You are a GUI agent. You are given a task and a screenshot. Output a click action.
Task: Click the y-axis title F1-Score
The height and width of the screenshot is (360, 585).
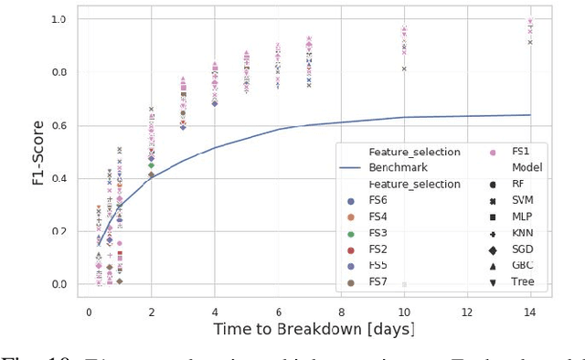click(x=38, y=151)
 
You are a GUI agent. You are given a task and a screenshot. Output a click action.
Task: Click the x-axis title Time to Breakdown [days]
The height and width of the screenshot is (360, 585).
click(x=314, y=328)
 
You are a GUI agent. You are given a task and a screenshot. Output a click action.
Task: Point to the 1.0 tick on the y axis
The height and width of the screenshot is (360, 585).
click(x=58, y=19)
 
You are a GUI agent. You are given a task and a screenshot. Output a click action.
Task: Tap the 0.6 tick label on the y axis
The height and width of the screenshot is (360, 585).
click(x=58, y=125)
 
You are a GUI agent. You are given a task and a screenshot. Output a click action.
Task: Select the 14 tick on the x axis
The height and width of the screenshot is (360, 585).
click(x=529, y=312)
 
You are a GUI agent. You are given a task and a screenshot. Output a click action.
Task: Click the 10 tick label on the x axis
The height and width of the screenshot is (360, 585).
click(x=404, y=312)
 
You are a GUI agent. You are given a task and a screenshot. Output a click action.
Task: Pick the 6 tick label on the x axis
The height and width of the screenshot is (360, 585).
click(x=278, y=312)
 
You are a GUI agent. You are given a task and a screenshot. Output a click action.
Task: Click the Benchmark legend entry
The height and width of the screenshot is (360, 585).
click(x=396, y=167)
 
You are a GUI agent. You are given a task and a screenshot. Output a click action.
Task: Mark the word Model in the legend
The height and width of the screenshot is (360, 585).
click(x=526, y=167)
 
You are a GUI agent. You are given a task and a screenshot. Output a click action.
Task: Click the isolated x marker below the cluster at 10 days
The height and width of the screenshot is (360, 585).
click(x=404, y=69)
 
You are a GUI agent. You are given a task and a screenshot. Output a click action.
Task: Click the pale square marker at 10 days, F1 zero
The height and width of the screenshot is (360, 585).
click(x=404, y=284)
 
